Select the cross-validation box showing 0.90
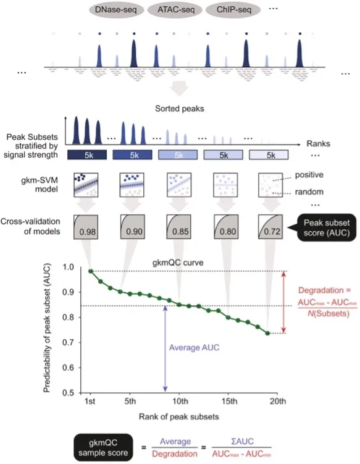[x=135, y=226]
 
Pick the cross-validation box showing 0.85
[x=180, y=226]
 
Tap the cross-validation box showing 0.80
[x=224, y=226]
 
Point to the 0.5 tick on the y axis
[x=73, y=392]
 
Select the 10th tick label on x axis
[x=179, y=401]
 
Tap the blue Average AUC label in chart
[x=194, y=347]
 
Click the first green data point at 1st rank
[x=91, y=271]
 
